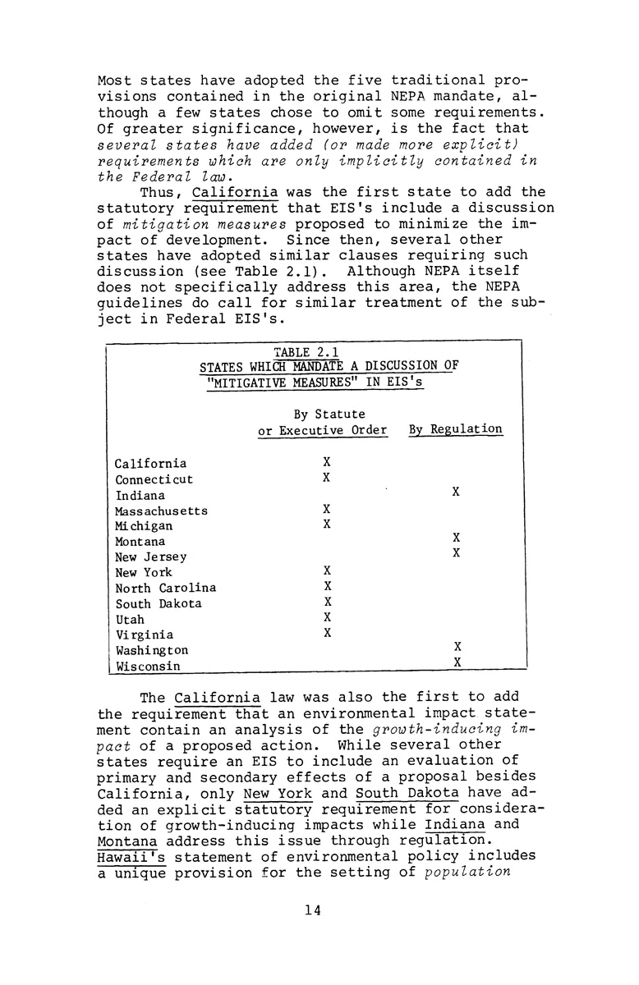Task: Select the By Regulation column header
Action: [x=455, y=429]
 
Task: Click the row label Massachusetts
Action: [x=161, y=511]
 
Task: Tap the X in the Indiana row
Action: [x=456, y=492]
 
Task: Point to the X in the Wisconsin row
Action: [x=457, y=662]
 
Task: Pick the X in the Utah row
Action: [x=327, y=616]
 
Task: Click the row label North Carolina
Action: [x=166, y=588]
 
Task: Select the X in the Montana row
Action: [x=456, y=538]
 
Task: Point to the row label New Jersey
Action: [x=151, y=557]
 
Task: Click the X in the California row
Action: [x=327, y=462]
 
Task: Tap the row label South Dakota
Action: [x=159, y=603]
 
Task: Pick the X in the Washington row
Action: [x=457, y=647]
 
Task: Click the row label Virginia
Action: [x=144, y=635]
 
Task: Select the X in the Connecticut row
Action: [x=327, y=477]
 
